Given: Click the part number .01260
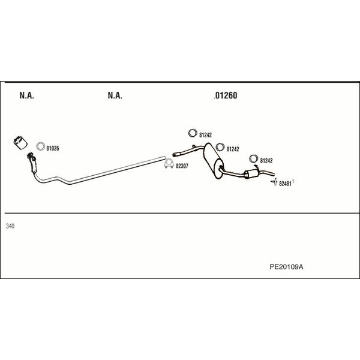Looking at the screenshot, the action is tap(226, 95).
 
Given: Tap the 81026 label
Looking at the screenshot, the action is tap(53, 148).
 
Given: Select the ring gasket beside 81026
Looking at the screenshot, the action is tap(40, 146).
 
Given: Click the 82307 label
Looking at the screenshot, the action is tap(182, 166).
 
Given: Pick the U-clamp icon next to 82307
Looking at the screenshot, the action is tap(169, 163).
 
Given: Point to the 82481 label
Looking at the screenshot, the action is tap(285, 184).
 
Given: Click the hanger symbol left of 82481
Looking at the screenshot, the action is tap(274, 182).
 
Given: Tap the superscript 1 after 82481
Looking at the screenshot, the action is tap(293, 182).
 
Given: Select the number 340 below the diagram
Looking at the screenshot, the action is tap(10, 226).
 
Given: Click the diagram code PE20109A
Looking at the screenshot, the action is tap(286, 267).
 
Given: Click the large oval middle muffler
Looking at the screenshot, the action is tap(214, 161).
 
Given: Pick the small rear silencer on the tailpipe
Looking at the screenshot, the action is tap(251, 173).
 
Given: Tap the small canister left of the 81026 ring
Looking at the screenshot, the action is tap(20, 143).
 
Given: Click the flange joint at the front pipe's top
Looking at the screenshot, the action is tap(31, 157).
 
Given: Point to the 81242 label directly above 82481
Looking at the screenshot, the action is tap(266, 160).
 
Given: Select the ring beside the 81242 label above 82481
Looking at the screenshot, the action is tap(253, 159).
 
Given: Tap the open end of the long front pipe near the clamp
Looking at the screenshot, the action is tap(164, 158).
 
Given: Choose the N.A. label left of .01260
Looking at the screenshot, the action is tap(115, 95).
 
